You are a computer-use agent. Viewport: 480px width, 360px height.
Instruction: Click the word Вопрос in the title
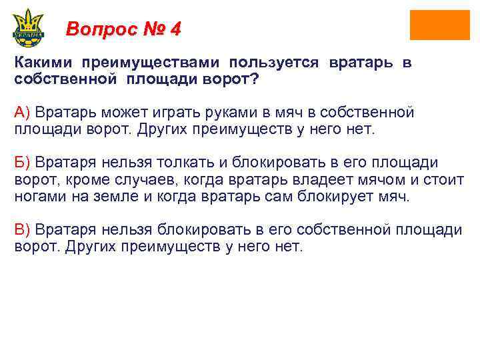[100, 29]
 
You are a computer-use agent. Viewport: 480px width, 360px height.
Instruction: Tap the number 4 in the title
[175, 29]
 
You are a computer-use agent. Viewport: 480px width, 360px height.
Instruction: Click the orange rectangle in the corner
[440, 25]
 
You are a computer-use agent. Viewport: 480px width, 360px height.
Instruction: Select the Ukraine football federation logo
[28, 29]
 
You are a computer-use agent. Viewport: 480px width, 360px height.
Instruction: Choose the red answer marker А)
[22, 112]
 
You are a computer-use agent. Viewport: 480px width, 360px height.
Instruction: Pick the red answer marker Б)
[22, 163]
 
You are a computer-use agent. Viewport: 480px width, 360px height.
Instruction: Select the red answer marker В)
[22, 230]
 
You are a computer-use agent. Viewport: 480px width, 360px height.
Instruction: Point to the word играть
[165, 112]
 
